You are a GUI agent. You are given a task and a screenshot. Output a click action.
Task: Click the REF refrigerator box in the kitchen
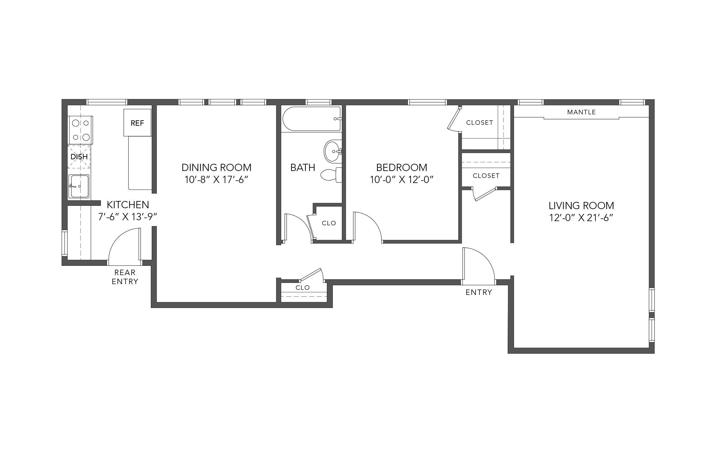click(137, 123)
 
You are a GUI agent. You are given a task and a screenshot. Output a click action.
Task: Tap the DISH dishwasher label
click(79, 157)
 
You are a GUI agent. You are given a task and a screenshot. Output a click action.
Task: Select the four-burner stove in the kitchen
click(81, 130)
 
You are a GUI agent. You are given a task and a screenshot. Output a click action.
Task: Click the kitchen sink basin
click(79, 186)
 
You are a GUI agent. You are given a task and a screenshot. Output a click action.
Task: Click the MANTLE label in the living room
click(581, 112)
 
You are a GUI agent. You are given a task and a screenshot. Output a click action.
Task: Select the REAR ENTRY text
click(125, 277)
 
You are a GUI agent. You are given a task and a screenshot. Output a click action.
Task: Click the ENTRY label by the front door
click(479, 292)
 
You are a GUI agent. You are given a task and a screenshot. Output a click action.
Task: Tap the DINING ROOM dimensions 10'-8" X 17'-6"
click(216, 180)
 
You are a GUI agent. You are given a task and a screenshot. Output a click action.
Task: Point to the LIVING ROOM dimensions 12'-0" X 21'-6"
click(581, 218)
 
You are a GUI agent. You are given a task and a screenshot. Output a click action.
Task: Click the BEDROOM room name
click(401, 167)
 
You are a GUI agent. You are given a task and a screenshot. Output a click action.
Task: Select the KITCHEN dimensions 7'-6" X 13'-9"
click(128, 217)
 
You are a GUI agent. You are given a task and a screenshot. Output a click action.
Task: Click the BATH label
click(303, 167)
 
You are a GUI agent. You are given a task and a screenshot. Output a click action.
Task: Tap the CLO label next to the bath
click(329, 223)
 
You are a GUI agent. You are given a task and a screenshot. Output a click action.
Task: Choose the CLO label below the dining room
click(303, 287)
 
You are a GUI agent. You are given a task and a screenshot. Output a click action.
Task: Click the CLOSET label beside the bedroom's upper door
click(479, 123)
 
